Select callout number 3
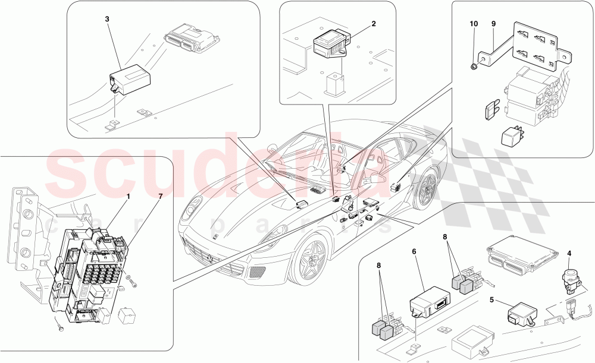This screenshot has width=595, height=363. click(x=107, y=19)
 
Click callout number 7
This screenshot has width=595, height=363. click(x=159, y=195)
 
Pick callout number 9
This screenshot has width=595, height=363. click(x=493, y=24)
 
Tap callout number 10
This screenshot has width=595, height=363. click(x=474, y=24)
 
